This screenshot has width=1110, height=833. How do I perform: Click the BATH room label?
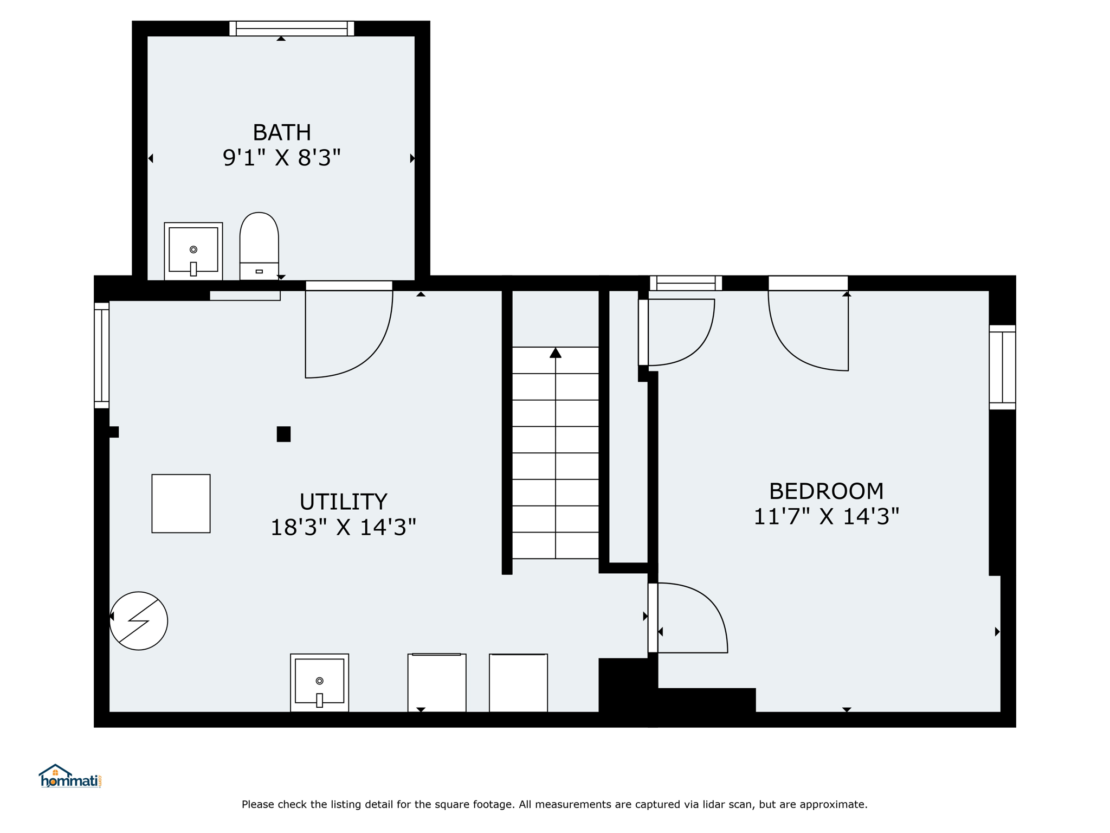(282, 132)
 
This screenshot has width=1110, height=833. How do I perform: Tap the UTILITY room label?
(343, 502)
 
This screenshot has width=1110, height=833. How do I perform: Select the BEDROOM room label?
(826, 491)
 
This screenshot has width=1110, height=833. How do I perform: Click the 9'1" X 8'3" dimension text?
(282, 158)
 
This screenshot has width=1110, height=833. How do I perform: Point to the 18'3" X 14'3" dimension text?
(343, 527)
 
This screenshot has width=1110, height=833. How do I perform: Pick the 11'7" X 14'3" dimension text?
(826, 516)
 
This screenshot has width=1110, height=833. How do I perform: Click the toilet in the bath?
(259, 246)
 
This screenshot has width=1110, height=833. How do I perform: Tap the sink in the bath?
(193, 251)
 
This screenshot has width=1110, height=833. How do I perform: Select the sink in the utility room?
(320, 683)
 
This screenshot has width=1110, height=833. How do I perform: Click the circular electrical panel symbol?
(139, 621)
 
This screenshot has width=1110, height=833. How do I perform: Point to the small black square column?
(283, 434)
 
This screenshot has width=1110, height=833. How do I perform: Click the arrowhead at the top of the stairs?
(556, 353)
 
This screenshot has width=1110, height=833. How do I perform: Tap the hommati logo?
(70, 776)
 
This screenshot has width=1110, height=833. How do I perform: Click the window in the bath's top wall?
(292, 28)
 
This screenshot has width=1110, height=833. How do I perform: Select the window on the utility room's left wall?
(102, 355)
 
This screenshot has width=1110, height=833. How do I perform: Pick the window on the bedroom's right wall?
(1002, 367)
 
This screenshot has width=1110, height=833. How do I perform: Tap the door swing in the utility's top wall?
(374, 353)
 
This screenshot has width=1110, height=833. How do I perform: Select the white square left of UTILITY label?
(181, 504)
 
